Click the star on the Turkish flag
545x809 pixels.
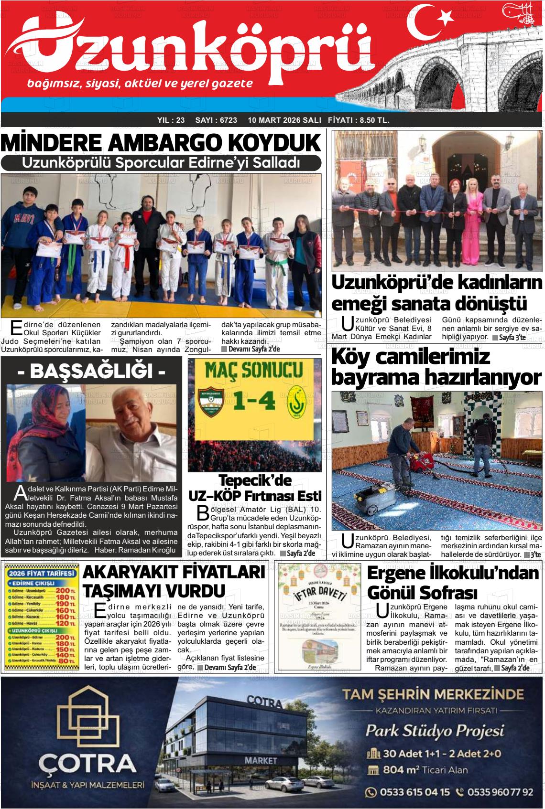[446, 18]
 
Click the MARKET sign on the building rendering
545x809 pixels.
[261, 760]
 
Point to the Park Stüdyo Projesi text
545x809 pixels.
[435, 731]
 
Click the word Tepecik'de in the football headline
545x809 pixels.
[254, 480]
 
